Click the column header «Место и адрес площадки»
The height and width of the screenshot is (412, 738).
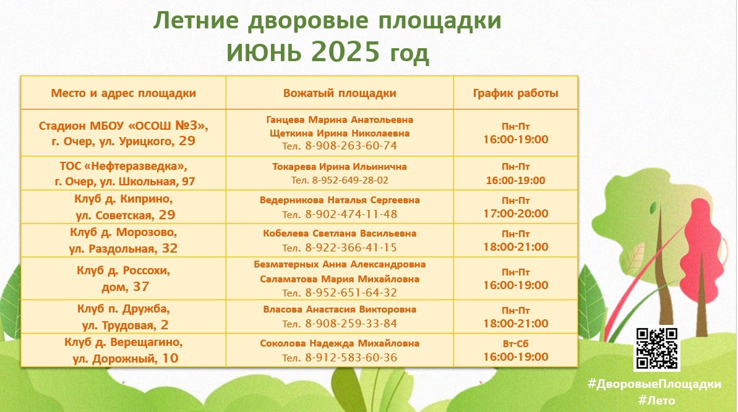(123, 93)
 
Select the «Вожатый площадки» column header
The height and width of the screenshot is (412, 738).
(340, 93)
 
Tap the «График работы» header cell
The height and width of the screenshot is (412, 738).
(515, 93)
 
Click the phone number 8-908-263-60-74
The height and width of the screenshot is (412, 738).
(351, 146)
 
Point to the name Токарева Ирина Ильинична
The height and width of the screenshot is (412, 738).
(340, 167)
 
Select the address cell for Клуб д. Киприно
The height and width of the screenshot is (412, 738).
(123, 207)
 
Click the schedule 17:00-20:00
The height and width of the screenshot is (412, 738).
(515, 214)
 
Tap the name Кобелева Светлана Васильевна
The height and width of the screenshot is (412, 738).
(340, 233)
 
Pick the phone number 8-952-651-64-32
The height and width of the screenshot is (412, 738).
(351, 293)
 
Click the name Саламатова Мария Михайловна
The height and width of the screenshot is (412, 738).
(340, 279)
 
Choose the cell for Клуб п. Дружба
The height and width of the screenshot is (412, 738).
(123, 317)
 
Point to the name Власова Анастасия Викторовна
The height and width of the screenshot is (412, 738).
(340, 309)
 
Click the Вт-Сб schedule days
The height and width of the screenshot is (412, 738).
(515, 344)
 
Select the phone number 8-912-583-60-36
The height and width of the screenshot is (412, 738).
(351, 358)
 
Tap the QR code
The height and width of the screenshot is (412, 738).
(656, 348)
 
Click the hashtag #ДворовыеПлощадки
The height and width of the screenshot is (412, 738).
(654, 384)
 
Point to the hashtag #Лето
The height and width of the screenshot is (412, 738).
(656, 401)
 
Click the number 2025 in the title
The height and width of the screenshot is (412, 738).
(345, 51)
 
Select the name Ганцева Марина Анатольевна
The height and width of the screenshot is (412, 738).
(340, 120)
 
